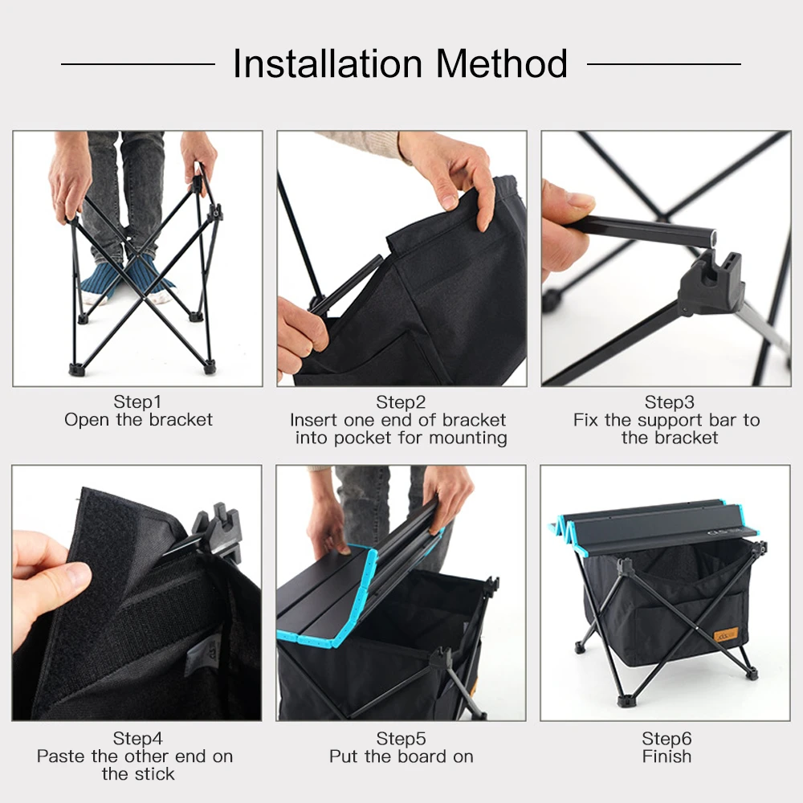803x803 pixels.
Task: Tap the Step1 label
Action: point(137,401)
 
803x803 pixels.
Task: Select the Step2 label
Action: point(401,401)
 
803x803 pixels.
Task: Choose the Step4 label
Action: point(137,738)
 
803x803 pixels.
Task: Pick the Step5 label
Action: point(401,738)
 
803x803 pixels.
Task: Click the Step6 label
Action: point(666,738)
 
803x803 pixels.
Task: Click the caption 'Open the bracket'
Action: point(138,420)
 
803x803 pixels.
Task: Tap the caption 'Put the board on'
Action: point(401,756)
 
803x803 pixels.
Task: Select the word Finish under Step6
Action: point(666,756)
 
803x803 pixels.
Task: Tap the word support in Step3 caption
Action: point(653,420)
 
